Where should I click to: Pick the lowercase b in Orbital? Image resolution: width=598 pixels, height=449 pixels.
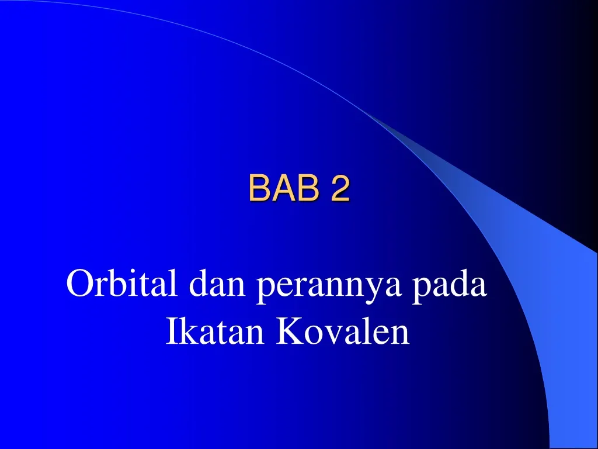[113, 284]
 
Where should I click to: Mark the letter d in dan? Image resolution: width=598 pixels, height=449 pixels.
[197, 285]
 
